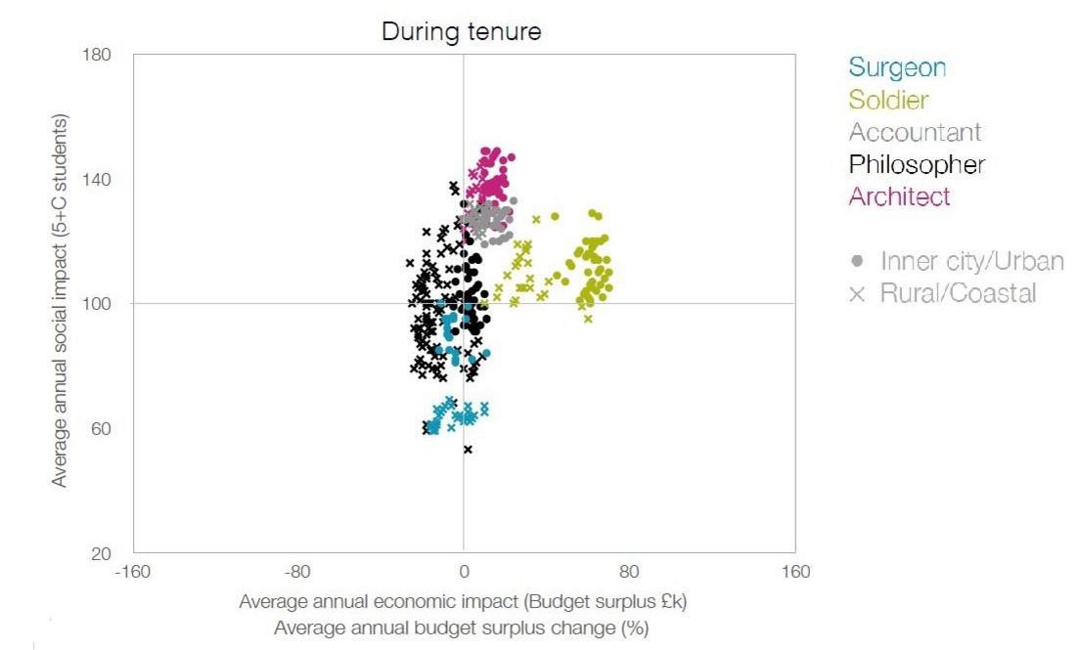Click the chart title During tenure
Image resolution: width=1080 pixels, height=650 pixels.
[x=461, y=31]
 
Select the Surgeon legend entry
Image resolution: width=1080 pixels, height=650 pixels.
[x=897, y=67]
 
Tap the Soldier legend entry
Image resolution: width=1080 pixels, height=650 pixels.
[x=888, y=100]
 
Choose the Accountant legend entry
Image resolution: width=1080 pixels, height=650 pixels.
[x=915, y=132]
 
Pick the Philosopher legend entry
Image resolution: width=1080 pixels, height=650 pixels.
[x=917, y=164]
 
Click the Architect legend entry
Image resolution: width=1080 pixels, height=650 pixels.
[x=899, y=196]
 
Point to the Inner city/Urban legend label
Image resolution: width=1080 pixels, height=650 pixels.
[x=971, y=261]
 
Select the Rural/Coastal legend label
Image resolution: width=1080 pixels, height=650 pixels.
[x=958, y=292]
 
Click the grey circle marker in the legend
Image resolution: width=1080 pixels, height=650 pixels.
[x=858, y=261]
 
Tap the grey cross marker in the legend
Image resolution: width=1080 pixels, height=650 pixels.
[x=858, y=293]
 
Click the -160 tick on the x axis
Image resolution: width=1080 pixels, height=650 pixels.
[x=133, y=572]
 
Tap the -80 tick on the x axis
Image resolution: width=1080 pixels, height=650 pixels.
[x=297, y=572]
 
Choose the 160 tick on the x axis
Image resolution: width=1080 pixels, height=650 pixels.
[x=795, y=572]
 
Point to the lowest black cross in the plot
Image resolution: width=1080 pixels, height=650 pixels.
[x=468, y=450]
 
